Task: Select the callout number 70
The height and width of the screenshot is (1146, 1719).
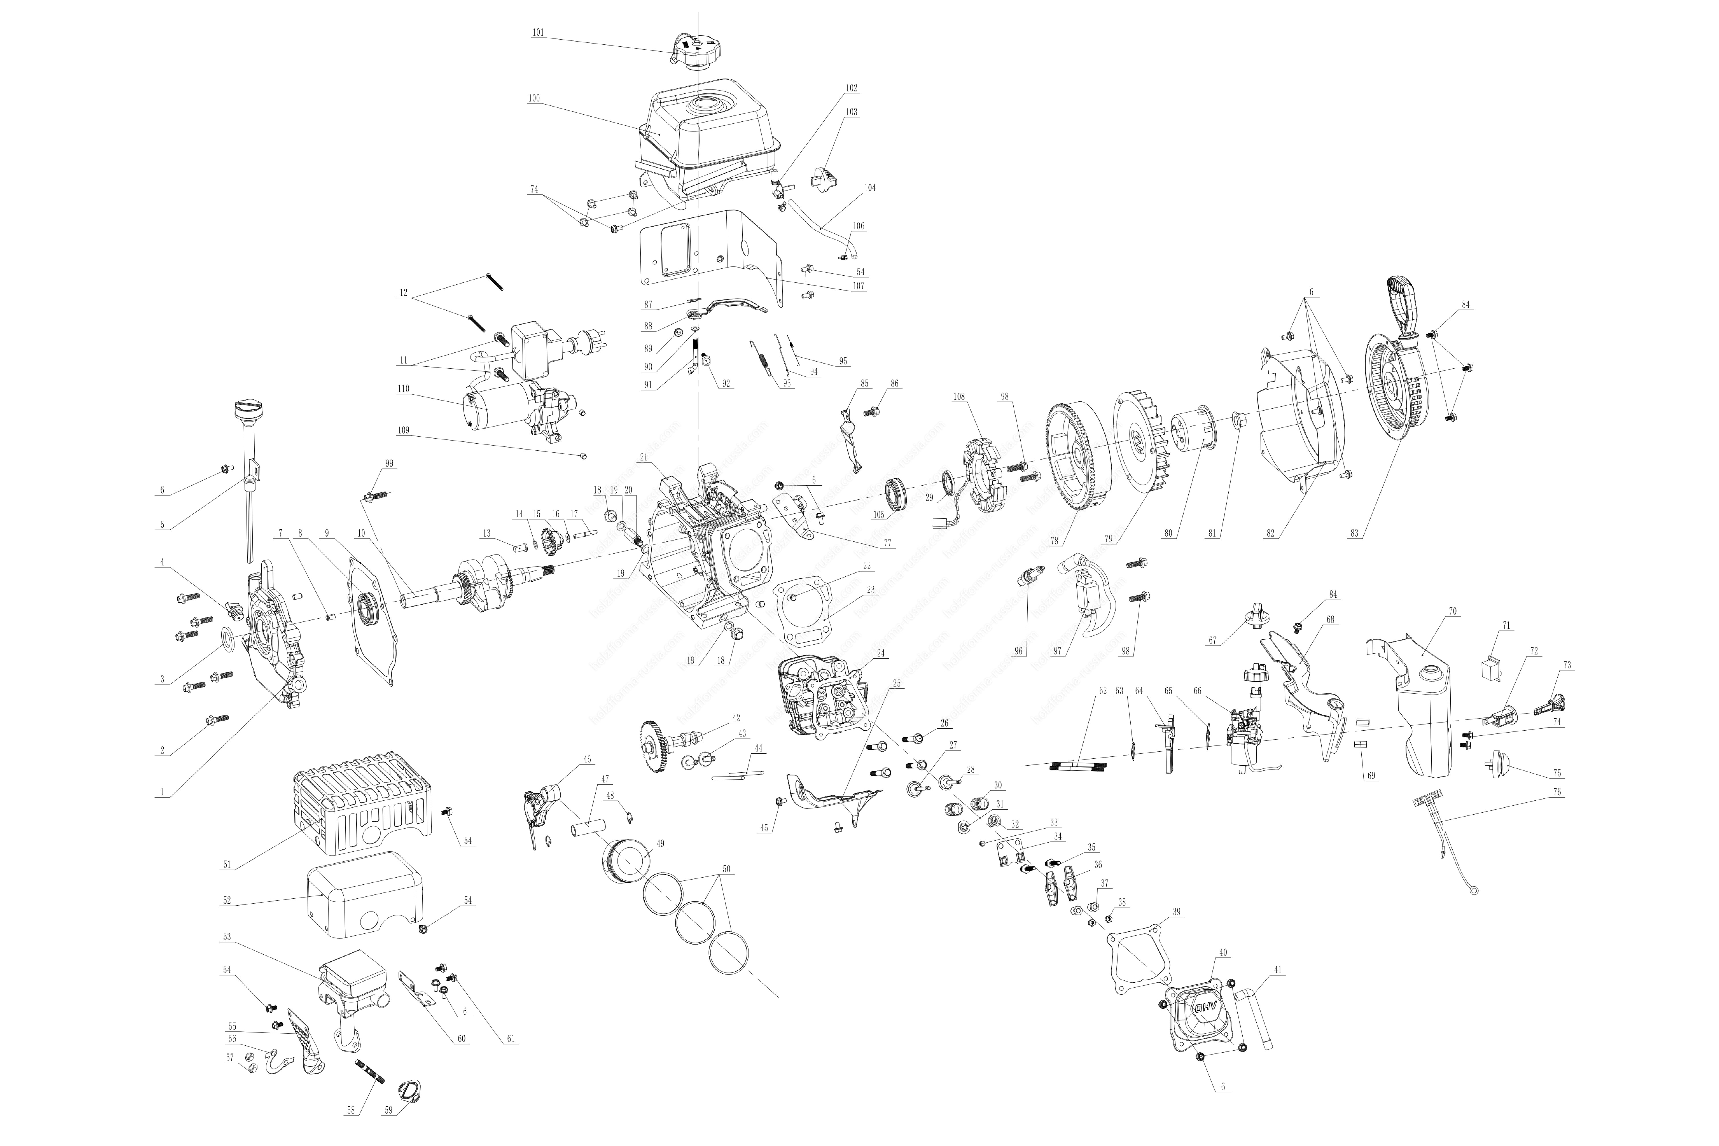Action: (1452, 611)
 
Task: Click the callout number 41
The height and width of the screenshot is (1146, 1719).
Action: (1278, 970)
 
